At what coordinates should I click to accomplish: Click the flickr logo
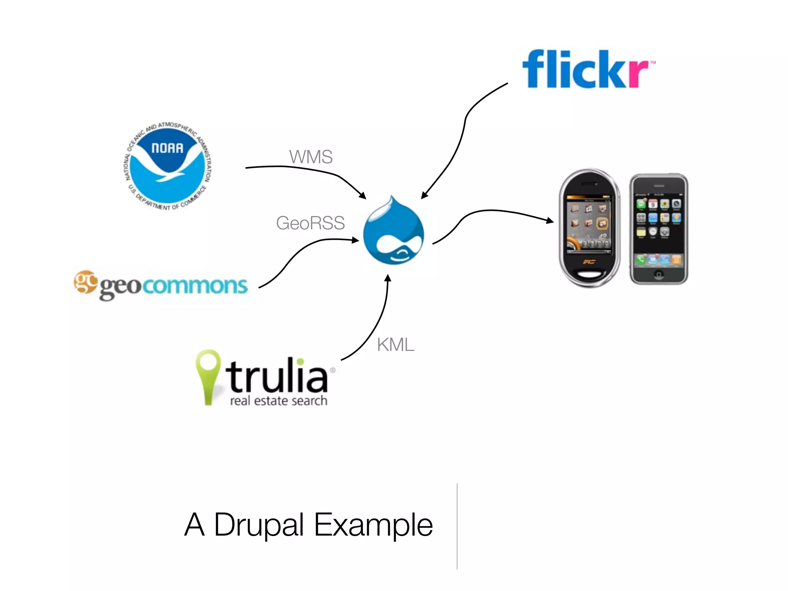(x=587, y=69)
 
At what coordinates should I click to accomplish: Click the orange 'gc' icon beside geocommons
(x=85, y=281)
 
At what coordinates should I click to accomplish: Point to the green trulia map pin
(x=208, y=375)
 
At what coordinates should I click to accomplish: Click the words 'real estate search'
(x=279, y=401)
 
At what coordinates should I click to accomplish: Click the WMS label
(x=311, y=157)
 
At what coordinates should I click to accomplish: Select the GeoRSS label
(x=310, y=223)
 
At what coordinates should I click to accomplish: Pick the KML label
(x=396, y=345)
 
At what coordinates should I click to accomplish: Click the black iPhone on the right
(x=659, y=229)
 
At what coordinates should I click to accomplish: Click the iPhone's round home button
(x=659, y=274)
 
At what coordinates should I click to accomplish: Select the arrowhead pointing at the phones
(x=551, y=220)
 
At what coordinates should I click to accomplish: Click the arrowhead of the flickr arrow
(x=424, y=195)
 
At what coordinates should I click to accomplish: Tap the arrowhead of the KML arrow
(x=388, y=278)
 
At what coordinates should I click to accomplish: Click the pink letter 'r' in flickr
(x=639, y=73)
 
